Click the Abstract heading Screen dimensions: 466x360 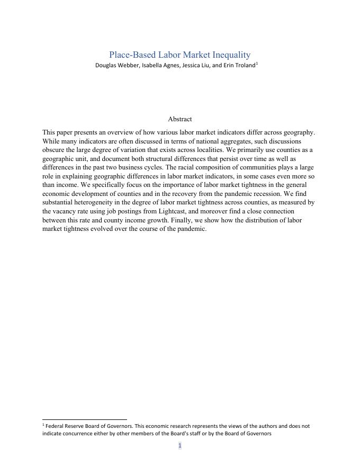click(x=179, y=119)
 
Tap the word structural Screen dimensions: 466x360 click(x=169, y=159)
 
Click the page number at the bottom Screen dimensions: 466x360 click(x=179, y=446)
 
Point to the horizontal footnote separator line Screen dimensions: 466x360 click(x=85, y=419)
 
